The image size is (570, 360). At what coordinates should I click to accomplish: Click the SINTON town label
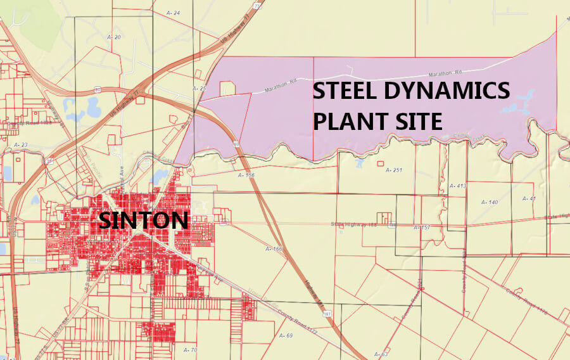point(143,221)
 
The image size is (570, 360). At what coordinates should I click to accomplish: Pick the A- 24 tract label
point(173,13)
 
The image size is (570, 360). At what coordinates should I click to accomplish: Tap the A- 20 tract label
point(114,37)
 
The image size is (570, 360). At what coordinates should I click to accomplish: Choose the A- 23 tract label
point(21,145)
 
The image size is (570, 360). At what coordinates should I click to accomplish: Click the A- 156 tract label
point(245,174)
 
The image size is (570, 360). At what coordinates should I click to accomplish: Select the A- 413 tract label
point(457,186)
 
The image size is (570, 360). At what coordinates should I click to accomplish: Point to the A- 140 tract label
point(490,202)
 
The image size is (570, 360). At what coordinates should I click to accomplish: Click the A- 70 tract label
point(190,349)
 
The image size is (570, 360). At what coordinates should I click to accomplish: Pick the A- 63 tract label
point(381,354)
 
